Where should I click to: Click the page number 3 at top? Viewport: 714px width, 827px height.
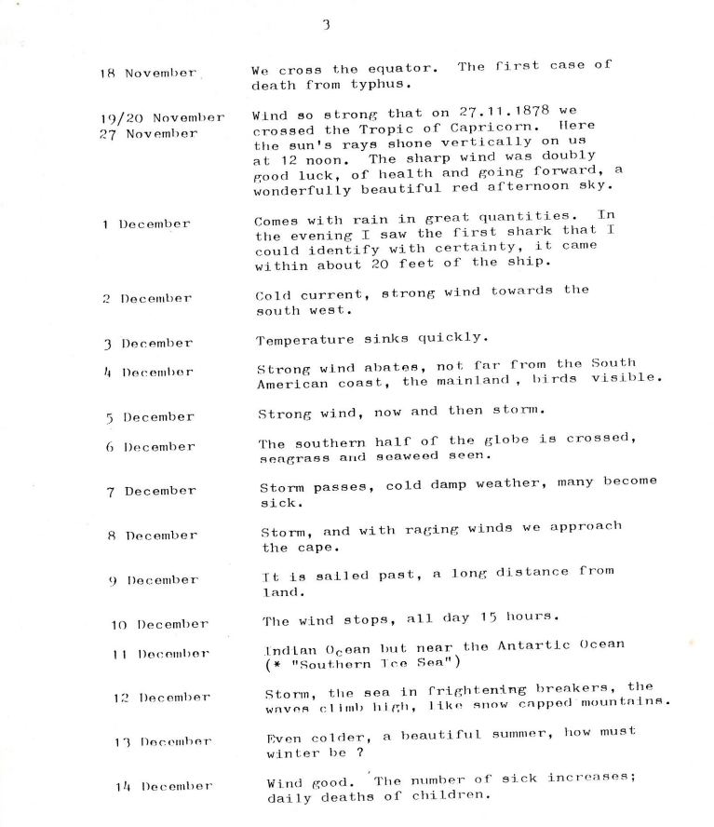[327, 25]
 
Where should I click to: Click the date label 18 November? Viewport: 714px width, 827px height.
[148, 73]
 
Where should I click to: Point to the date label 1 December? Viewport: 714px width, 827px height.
[146, 224]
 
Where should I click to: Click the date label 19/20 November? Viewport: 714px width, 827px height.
[162, 118]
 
